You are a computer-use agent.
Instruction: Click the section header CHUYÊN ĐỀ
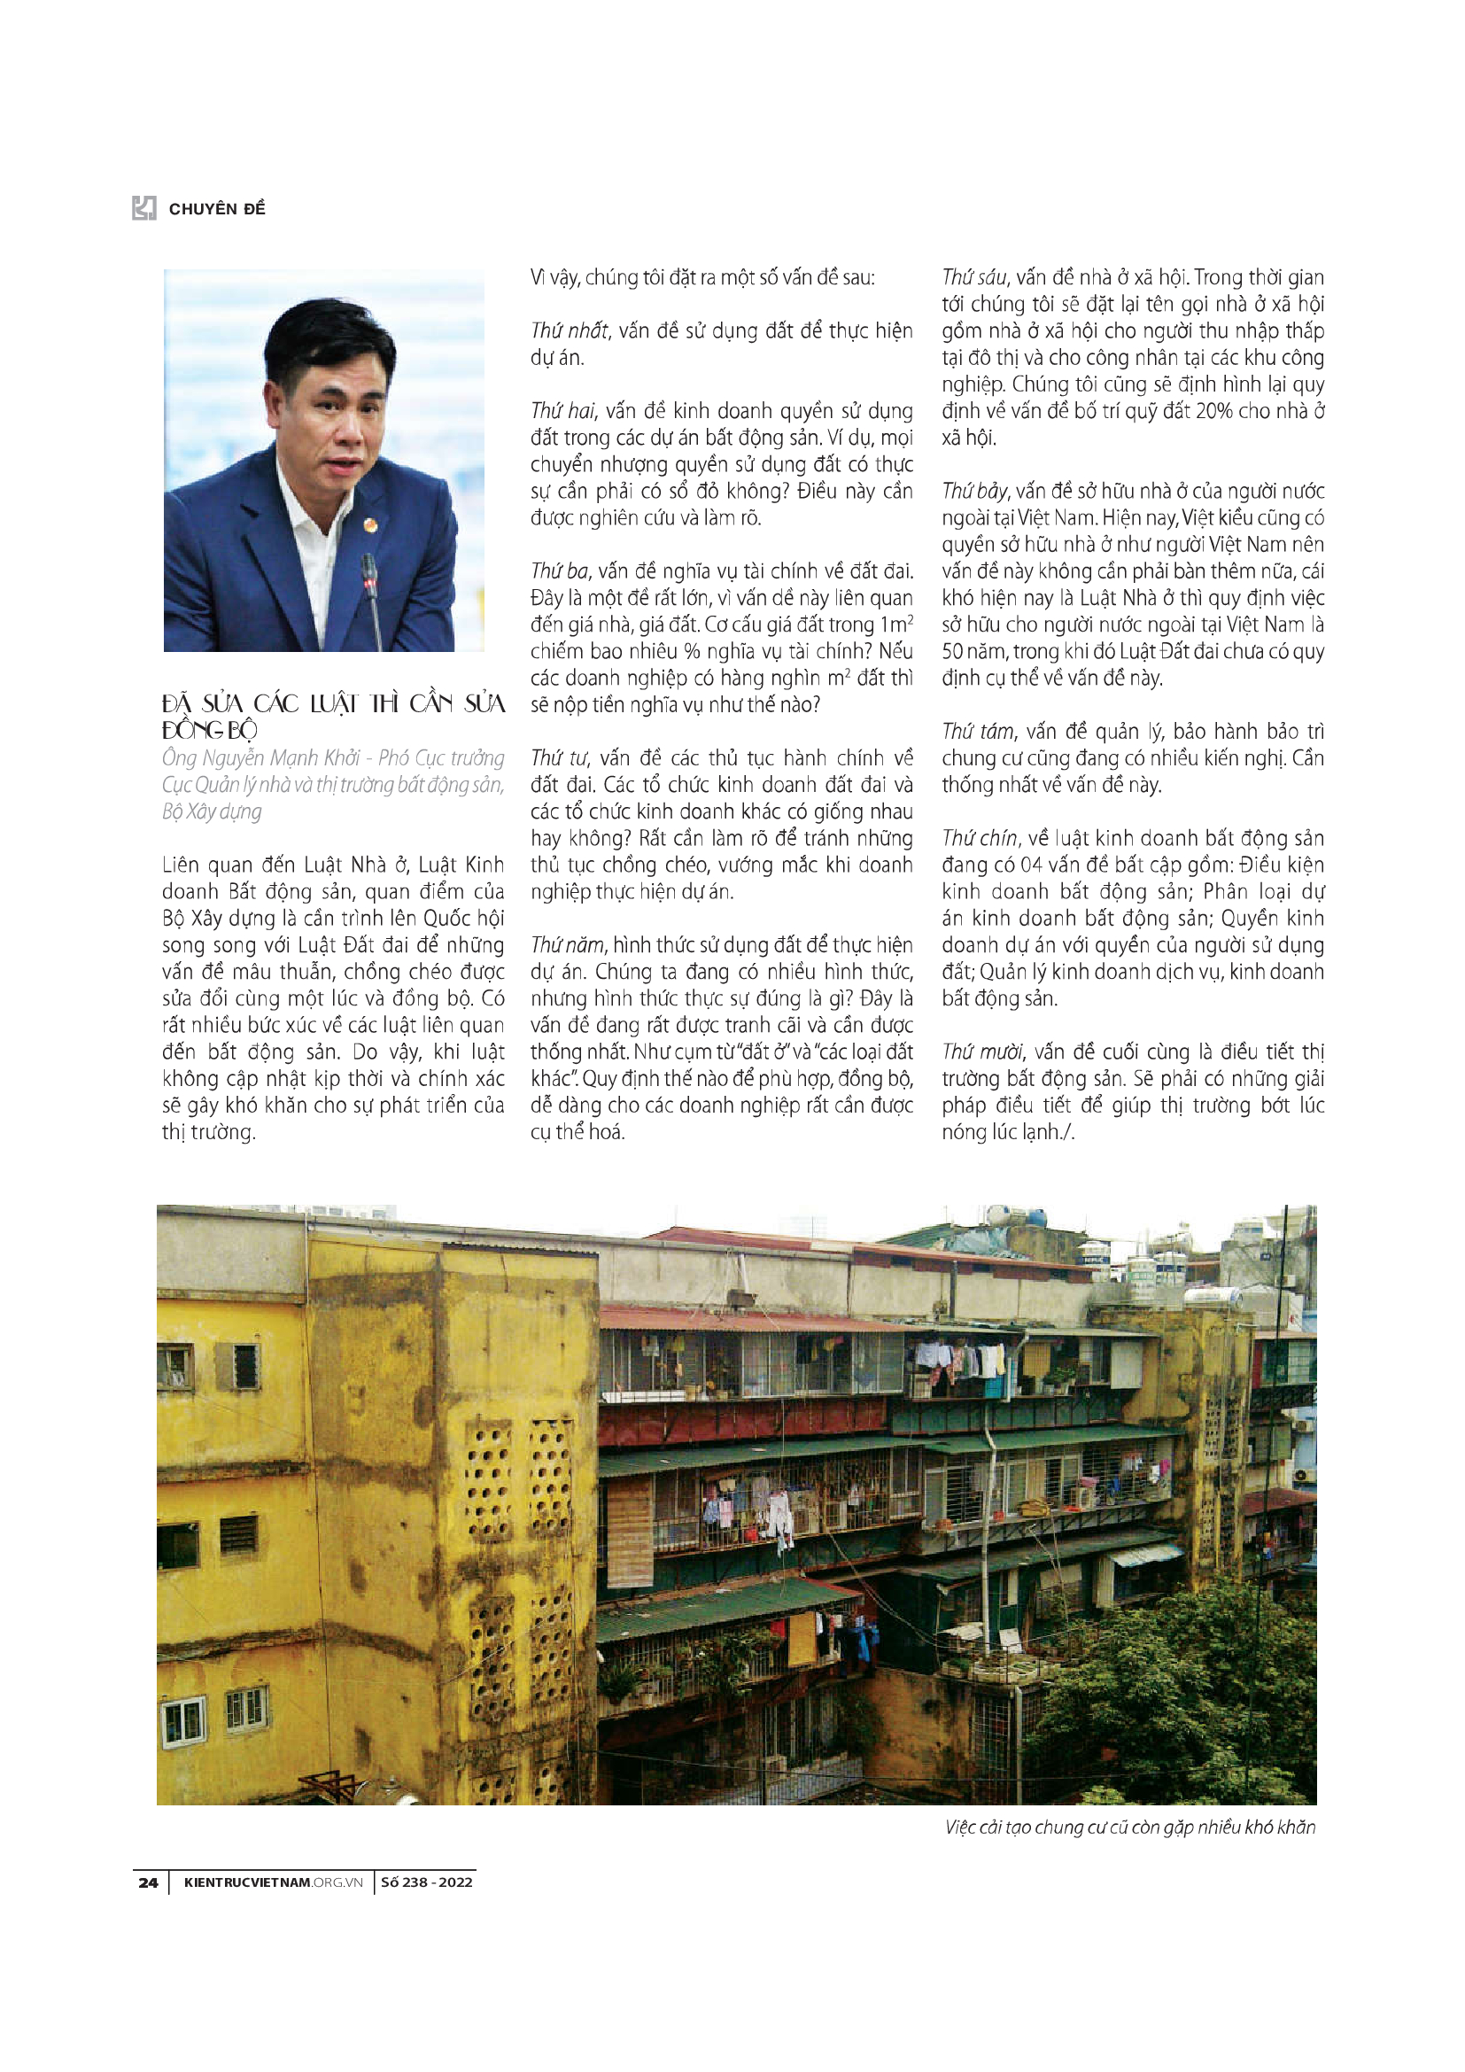[216, 209]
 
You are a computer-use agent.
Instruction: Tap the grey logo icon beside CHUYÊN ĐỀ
[144, 207]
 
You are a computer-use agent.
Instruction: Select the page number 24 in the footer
[148, 1882]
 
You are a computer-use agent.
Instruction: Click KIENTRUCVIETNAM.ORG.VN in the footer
[273, 1882]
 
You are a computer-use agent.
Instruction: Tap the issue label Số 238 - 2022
[426, 1882]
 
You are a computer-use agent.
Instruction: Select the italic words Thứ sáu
[973, 278]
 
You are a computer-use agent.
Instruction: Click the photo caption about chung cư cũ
[1129, 1828]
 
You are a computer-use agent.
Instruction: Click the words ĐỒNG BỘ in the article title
[209, 730]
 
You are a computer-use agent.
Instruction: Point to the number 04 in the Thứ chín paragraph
[1031, 865]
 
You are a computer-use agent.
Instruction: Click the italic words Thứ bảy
[975, 492]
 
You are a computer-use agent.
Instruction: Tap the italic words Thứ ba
[559, 571]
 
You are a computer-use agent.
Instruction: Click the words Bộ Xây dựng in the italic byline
[212, 811]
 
